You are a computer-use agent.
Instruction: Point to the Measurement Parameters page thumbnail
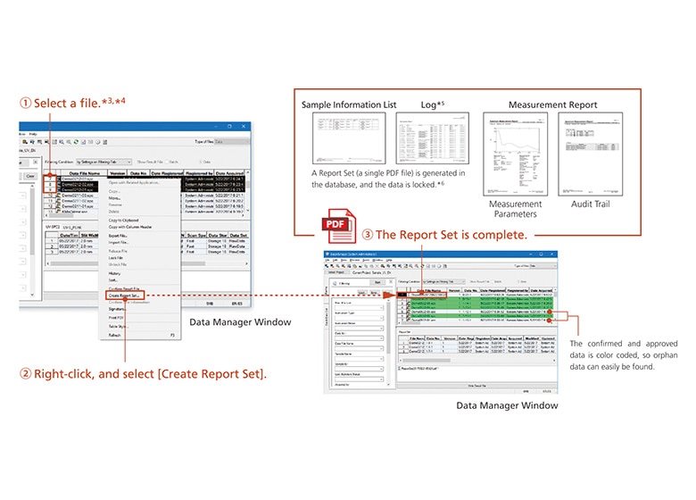[515, 153]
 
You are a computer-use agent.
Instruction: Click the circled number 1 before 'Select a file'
[26, 103]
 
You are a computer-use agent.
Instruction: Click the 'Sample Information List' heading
[347, 104]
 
